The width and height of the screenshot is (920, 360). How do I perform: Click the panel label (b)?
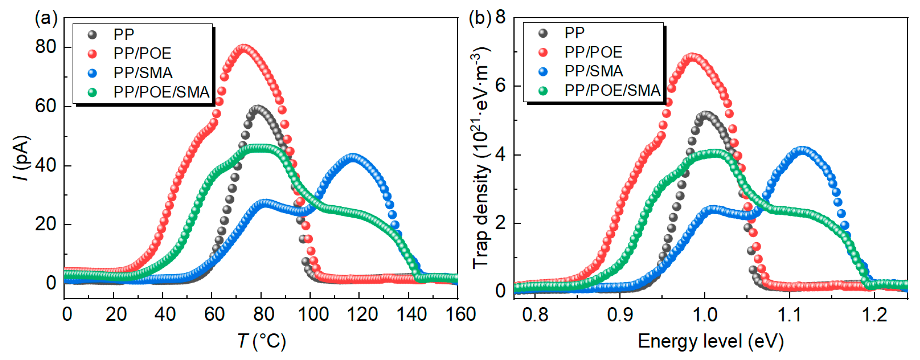(480, 18)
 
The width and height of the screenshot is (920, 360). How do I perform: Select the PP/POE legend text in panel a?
(142, 53)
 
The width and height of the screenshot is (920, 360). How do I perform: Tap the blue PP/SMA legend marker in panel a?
(92, 73)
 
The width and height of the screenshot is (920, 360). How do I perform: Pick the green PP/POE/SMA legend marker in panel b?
(543, 91)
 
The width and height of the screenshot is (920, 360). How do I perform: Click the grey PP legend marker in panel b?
(543, 33)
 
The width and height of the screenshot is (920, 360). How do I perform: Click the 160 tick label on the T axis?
(460, 315)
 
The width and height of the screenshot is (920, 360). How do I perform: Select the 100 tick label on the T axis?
(313, 315)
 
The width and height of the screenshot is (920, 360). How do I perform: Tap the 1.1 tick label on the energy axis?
(789, 315)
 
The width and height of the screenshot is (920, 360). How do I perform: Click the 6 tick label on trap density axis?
(500, 86)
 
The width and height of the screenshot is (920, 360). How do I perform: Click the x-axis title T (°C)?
(261, 341)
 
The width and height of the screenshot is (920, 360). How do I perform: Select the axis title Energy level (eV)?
(710, 341)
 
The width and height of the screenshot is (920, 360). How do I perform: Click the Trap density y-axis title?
(480, 158)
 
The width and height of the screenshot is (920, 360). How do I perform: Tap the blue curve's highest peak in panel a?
(353, 157)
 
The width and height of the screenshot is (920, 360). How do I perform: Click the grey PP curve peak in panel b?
(706, 115)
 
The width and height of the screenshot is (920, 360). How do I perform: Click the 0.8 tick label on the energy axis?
(535, 315)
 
